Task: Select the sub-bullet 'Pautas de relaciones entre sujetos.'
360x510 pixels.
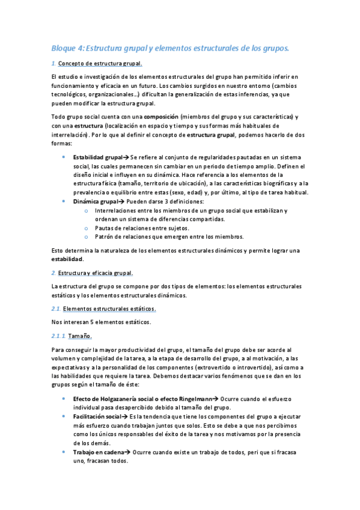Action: click(142, 228)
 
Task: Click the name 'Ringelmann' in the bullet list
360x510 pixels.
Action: click(196, 398)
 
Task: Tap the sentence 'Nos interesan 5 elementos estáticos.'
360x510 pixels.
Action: click(101, 322)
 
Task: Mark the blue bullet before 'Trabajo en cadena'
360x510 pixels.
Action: click(64, 452)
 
